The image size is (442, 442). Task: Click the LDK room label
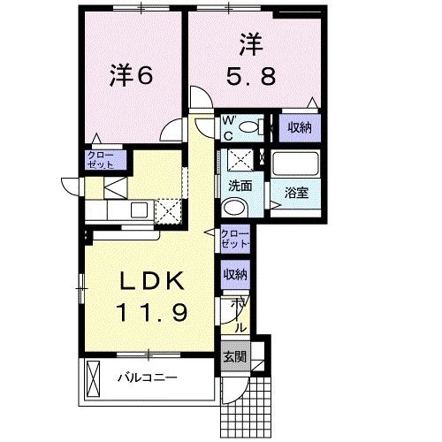point(151,280)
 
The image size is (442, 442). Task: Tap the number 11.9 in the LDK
point(151,312)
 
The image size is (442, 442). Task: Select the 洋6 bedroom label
point(132,75)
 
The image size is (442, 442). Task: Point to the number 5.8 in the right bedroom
point(251,75)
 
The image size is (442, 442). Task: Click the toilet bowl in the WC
point(250,127)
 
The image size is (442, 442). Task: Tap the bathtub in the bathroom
point(295,163)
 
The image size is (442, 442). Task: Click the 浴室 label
point(296,193)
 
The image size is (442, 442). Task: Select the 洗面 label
point(240,186)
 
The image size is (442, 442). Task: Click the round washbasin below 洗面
point(234,208)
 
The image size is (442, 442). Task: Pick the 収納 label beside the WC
point(300,127)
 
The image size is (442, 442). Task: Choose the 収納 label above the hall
point(235,274)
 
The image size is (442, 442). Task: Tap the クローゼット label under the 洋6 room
point(101,160)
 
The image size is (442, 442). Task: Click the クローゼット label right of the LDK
point(235,239)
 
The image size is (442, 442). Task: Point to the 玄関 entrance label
point(234,357)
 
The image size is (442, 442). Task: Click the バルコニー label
point(148,377)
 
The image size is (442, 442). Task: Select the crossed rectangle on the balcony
point(93,379)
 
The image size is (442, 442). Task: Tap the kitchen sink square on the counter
point(139,210)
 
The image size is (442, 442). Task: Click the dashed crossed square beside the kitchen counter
point(168,211)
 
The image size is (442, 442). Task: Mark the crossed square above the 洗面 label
point(240,160)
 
